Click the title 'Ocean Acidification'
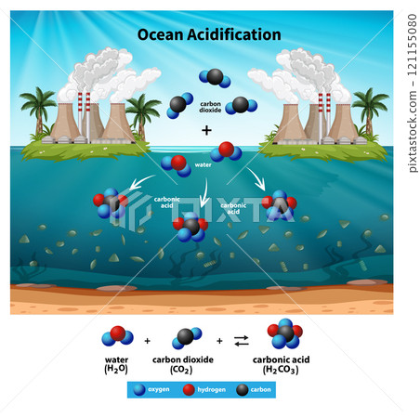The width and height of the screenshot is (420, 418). click(x=209, y=34)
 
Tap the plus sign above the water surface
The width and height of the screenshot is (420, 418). click(x=206, y=130)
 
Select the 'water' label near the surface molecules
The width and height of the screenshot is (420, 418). click(x=203, y=164)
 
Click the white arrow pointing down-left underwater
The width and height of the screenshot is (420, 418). click(x=144, y=181)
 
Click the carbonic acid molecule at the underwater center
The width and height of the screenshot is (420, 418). click(x=190, y=226)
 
